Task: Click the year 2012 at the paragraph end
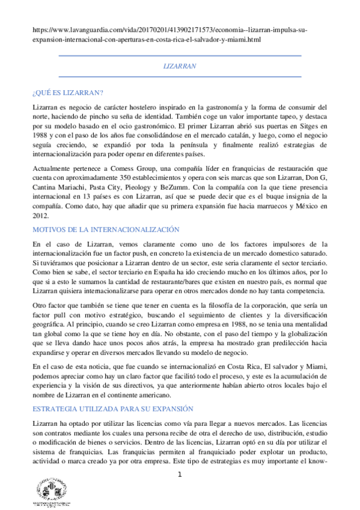pos(41,217)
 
